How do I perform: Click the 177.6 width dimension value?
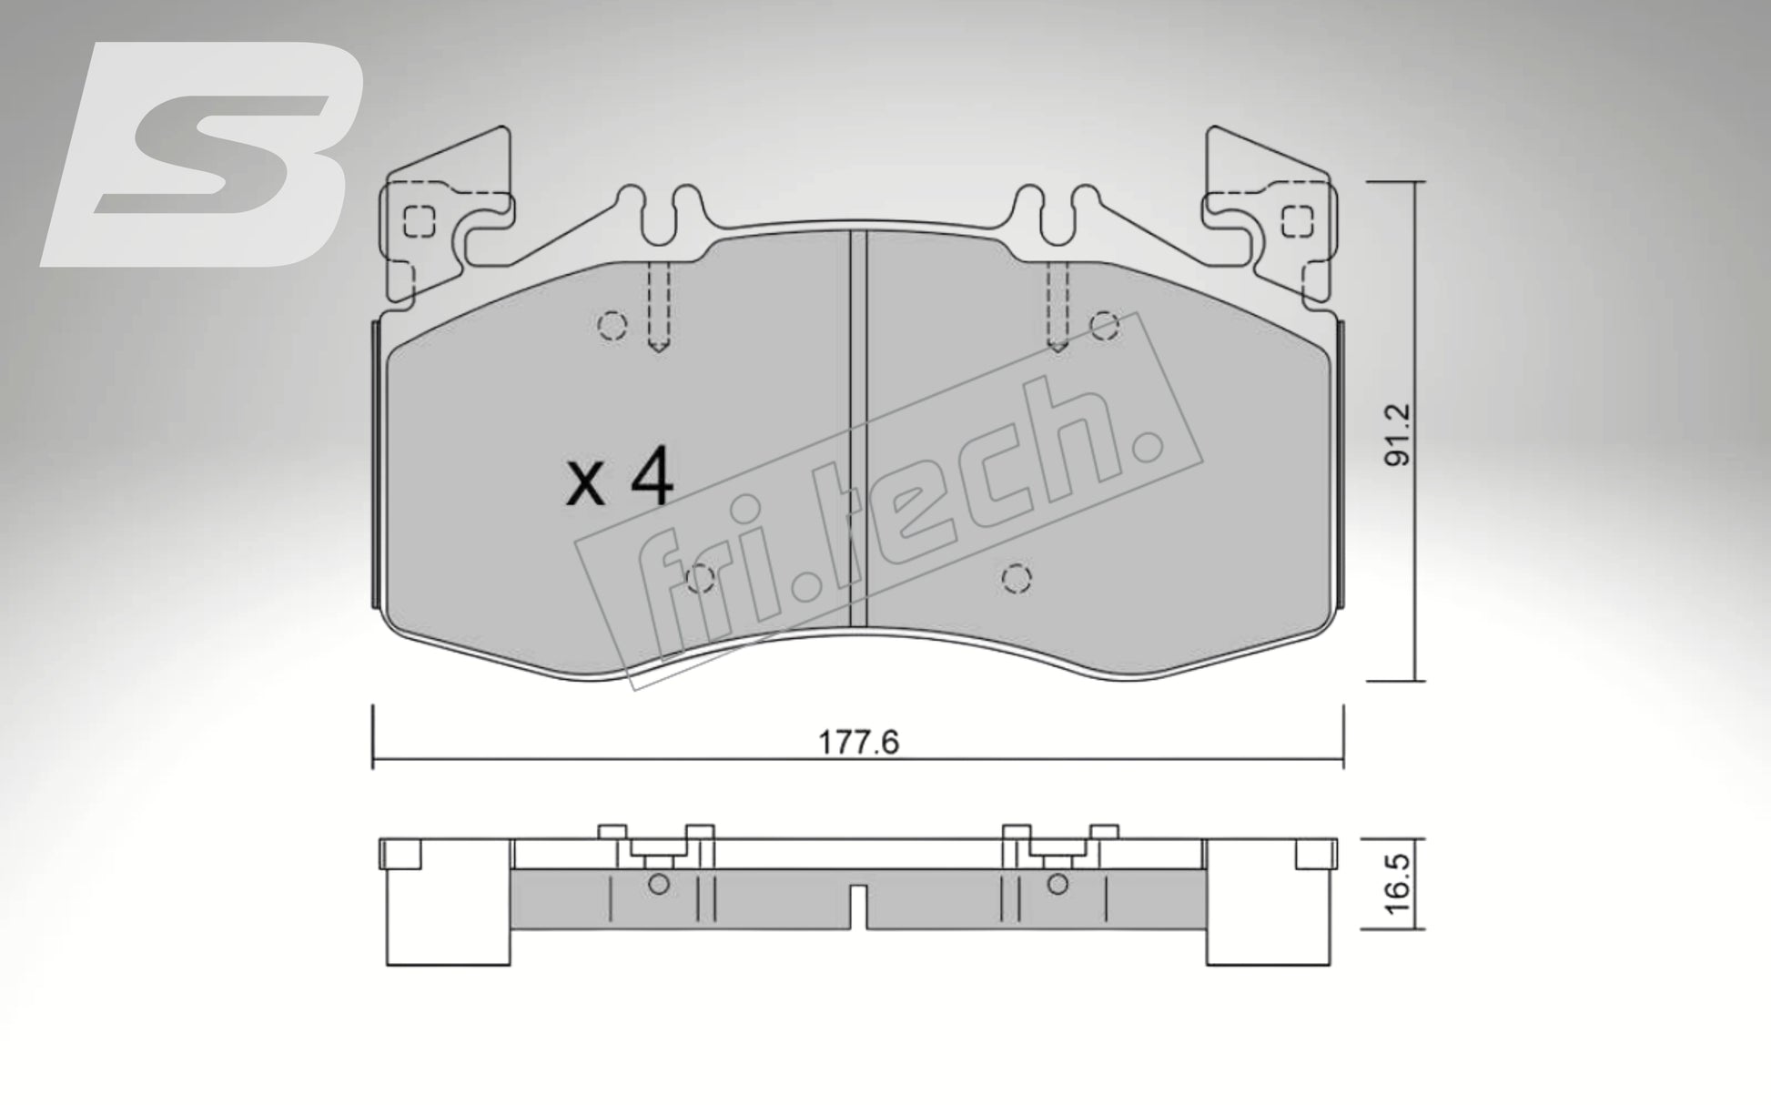[x=858, y=743]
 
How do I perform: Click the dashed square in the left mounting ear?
[x=418, y=220]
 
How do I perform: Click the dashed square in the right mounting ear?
[x=1296, y=220]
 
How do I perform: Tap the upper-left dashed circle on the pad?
[x=613, y=325]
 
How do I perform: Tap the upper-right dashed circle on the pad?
[x=1104, y=324]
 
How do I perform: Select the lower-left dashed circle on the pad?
[x=699, y=578]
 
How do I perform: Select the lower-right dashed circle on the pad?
[x=1016, y=578]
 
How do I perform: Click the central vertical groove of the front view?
[x=856, y=428]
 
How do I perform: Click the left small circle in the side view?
[x=660, y=884]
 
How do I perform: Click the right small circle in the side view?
[x=1057, y=884]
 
